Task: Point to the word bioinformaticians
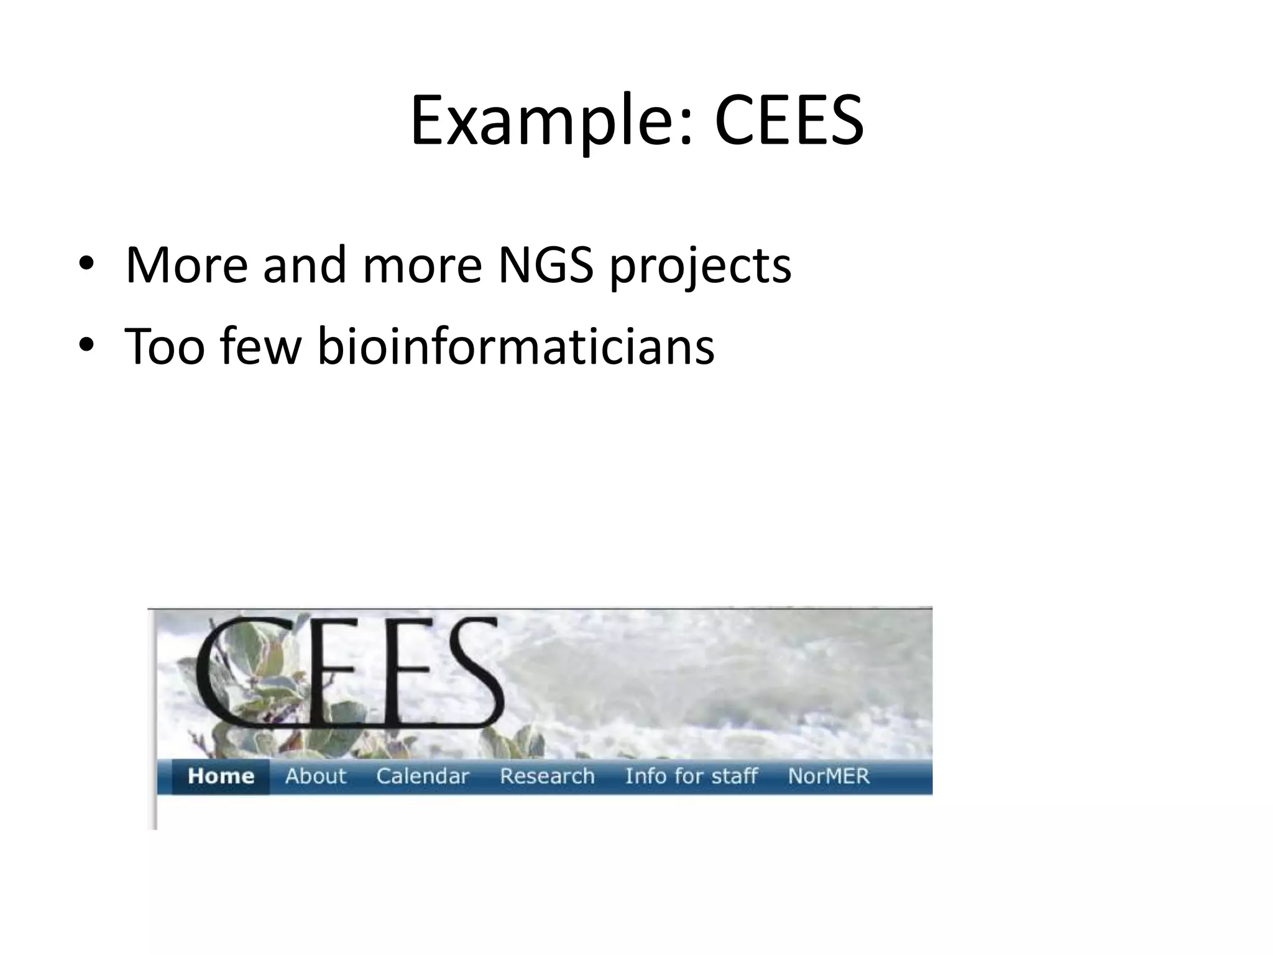click(x=516, y=346)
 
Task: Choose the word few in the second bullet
click(x=260, y=346)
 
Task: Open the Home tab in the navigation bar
click(x=221, y=776)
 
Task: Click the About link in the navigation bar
click(x=316, y=776)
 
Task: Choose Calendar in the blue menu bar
click(x=423, y=776)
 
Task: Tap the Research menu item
click(x=547, y=776)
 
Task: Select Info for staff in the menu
click(x=691, y=776)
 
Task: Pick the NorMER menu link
click(x=829, y=776)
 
